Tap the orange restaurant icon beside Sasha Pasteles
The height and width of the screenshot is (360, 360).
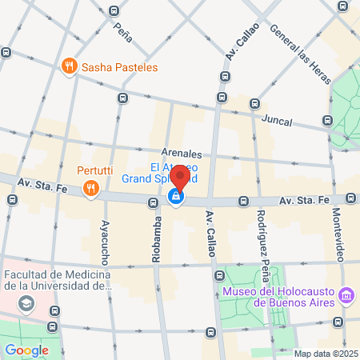70,66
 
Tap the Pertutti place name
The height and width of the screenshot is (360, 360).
95,170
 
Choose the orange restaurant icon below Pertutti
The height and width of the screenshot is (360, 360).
91,189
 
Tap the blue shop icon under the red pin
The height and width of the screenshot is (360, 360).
175,197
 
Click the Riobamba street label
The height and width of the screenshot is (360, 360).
156,240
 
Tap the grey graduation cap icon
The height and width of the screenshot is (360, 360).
27,303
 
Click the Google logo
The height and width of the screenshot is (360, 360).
26,350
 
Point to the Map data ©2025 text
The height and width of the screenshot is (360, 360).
323,354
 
